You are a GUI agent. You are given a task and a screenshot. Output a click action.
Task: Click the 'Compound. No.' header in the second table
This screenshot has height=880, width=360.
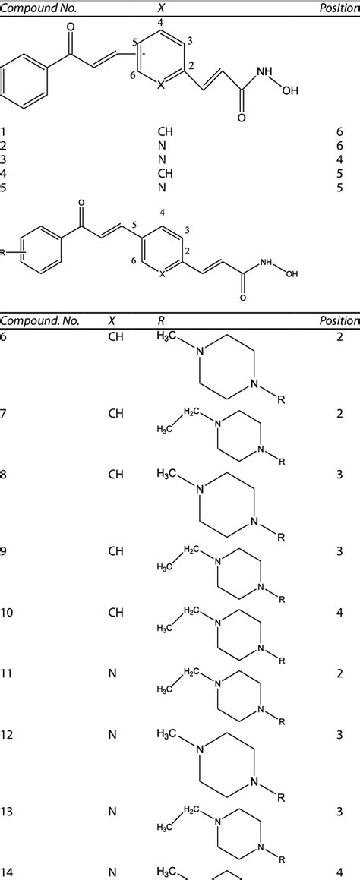point(39,321)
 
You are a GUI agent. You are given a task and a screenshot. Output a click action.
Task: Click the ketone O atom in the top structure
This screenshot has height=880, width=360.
point(70,27)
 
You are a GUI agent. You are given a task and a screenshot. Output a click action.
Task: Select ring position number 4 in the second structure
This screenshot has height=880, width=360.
point(162,213)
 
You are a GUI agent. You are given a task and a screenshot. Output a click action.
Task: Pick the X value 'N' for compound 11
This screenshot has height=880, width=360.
point(112,673)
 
